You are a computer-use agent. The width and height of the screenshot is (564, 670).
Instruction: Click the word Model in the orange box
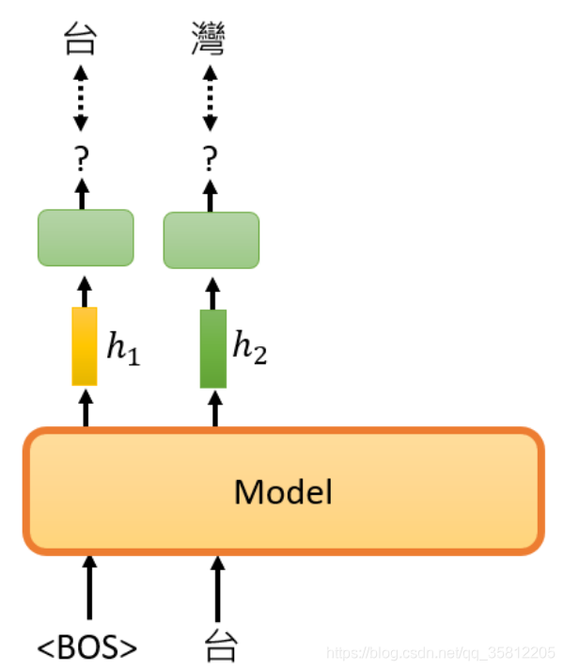tap(283, 491)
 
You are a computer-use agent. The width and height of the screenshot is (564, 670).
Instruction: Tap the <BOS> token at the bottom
tap(87, 646)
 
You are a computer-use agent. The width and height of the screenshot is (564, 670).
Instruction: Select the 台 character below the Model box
tap(220, 646)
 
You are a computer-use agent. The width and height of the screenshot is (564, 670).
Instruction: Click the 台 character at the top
tap(80, 39)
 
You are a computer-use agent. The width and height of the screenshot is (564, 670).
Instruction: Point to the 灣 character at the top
tap(209, 39)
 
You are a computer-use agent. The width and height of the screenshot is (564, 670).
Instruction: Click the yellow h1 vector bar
tap(85, 346)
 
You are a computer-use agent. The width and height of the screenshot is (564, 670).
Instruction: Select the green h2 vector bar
tap(213, 349)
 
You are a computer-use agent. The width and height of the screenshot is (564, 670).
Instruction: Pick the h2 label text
tap(250, 347)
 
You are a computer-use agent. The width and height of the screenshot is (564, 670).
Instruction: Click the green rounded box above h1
tap(86, 237)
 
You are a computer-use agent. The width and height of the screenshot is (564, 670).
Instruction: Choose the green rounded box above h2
tap(211, 240)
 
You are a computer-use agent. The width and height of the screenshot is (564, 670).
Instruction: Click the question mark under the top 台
tap(82, 158)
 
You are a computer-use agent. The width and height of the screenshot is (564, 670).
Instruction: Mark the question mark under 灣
tap(210, 158)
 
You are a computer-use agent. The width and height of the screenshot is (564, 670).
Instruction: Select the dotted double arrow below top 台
tap(81, 98)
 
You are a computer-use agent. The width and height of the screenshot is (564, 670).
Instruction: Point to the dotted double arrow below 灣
tap(210, 98)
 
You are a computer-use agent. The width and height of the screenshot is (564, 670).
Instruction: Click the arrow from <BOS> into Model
tap(89, 587)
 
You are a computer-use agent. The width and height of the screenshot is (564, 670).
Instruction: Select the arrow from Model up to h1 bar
tap(86, 408)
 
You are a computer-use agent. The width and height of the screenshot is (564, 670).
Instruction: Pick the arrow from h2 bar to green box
tap(212, 294)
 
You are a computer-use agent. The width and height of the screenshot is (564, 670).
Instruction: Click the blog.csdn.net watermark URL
tap(441, 653)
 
